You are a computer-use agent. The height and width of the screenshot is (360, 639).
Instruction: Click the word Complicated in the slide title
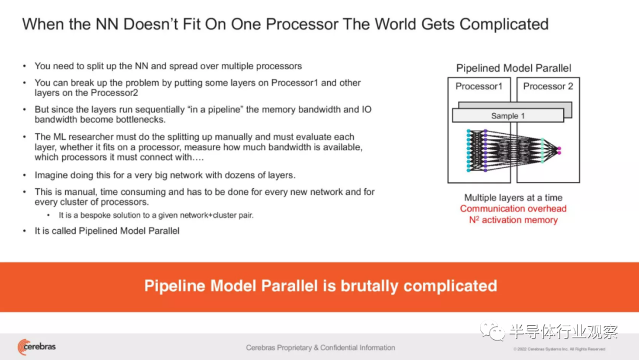[x=504, y=24]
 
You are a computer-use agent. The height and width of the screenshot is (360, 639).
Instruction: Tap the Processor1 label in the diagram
[x=479, y=86]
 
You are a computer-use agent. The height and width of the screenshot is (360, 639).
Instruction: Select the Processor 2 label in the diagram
[x=548, y=86]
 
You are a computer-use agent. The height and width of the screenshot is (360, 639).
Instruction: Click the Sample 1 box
[x=508, y=116]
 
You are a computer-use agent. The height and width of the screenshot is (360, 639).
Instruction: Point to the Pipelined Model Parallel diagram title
[x=514, y=68]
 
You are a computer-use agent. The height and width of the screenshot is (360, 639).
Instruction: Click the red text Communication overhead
[x=513, y=209]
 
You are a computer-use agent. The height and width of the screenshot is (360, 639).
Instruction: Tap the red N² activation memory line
[x=513, y=220]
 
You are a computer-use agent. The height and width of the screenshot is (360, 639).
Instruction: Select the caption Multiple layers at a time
[x=513, y=198]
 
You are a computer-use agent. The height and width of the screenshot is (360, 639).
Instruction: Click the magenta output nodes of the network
[x=559, y=151]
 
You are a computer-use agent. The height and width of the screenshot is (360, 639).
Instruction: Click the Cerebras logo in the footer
[x=36, y=347]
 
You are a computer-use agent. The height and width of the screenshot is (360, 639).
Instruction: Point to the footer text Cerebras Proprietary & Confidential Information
[x=320, y=348]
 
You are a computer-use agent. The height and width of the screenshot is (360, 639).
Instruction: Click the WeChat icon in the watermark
[x=492, y=330]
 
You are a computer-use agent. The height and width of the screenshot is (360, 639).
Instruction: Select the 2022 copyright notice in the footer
[x=559, y=349]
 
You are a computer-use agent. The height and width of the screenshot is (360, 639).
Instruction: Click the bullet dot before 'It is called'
[x=24, y=231]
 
